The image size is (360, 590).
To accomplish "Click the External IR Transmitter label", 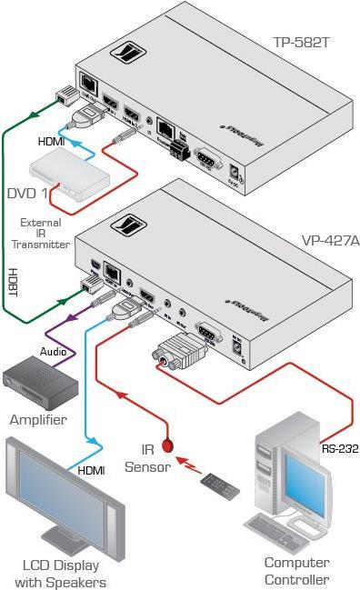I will coord(45,233).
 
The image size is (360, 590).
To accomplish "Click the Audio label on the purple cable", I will coord(52,349).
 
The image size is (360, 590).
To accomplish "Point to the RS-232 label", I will coord(339,447).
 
